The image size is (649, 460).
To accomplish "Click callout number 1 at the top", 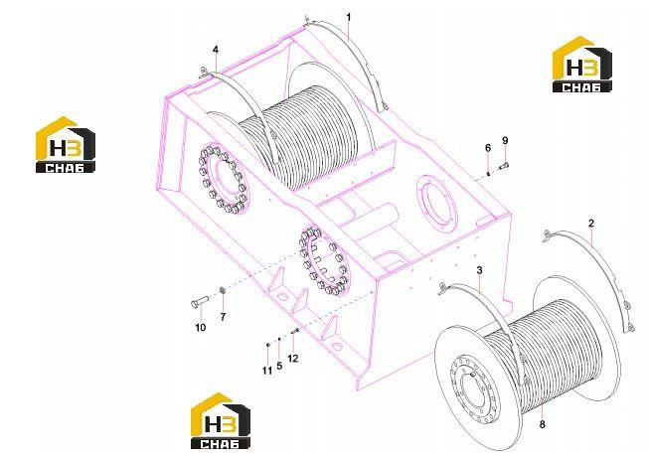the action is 349,17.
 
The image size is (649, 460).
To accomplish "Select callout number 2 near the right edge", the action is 591,224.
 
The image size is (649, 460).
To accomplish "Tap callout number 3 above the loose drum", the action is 479,270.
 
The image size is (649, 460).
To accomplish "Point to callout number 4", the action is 216,50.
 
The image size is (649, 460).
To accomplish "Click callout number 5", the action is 279,366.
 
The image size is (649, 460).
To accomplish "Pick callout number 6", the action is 488,148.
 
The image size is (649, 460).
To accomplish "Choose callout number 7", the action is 223,317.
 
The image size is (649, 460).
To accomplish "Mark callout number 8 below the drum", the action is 543,424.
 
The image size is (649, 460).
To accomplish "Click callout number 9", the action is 505,141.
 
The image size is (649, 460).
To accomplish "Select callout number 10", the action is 201,328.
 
